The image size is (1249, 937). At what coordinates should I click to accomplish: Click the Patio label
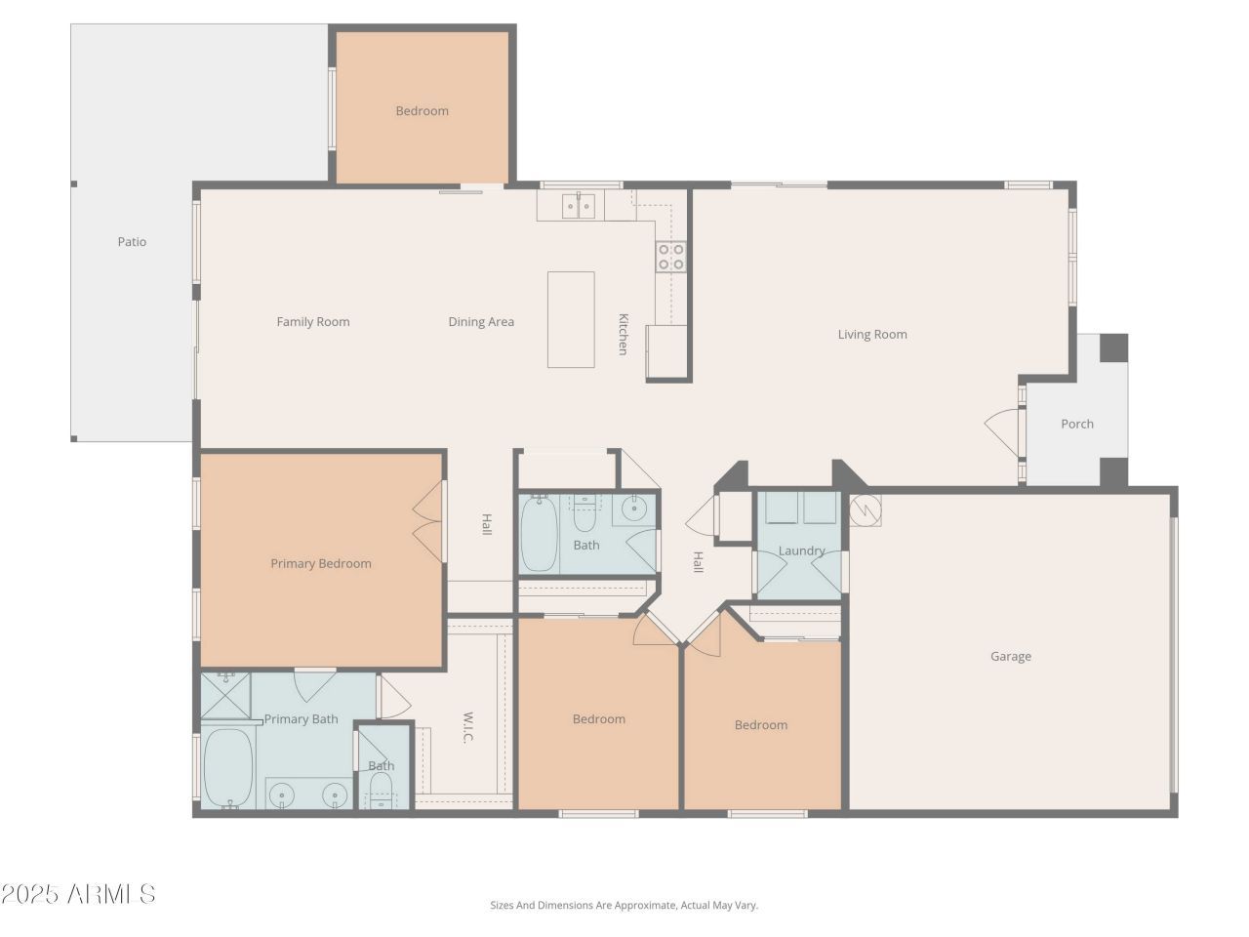[x=132, y=242]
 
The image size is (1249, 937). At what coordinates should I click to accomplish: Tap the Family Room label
[x=313, y=322]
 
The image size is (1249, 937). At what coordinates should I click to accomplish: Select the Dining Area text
[x=481, y=322]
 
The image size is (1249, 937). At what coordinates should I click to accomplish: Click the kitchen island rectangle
[x=571, y=320]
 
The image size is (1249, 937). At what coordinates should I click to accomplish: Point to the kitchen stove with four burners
[x=671, y=257]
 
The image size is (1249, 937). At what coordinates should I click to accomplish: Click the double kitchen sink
[x=578, y=205]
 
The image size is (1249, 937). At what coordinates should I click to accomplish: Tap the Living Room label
[x=872, y=335]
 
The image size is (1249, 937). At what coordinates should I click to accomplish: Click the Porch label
[x=1077, y=424]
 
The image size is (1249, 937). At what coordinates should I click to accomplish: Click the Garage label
[x=1011, y=657]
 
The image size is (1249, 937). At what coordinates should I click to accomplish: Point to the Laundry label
[x=801, y=550]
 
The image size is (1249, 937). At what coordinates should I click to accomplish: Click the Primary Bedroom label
[x=321, y=564]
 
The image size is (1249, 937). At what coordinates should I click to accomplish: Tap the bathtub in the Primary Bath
[x=227, y=767]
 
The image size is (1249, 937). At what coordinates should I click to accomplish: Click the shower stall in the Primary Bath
[x=225, y=695]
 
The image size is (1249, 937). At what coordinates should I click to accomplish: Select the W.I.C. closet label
[x=467, y=728]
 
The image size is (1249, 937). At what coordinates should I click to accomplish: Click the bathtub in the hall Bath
[x=539, y=534]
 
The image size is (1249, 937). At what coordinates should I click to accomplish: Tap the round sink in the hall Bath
[x=632, y=509]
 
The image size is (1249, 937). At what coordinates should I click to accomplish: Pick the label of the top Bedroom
[x=423, y=111]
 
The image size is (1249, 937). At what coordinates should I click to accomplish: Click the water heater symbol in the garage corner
[x=866, y=510]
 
